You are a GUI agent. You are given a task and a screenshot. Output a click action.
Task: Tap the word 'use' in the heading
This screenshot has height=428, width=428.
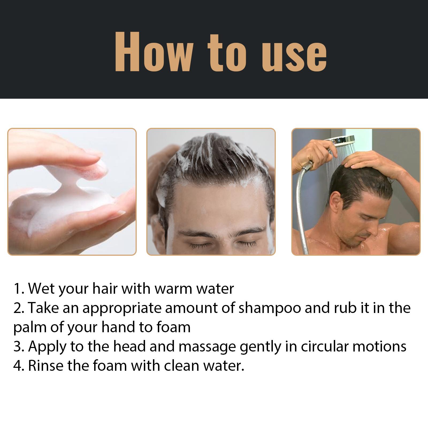coord(294,55)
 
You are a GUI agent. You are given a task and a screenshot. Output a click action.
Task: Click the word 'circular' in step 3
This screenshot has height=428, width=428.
coord(324,347)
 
